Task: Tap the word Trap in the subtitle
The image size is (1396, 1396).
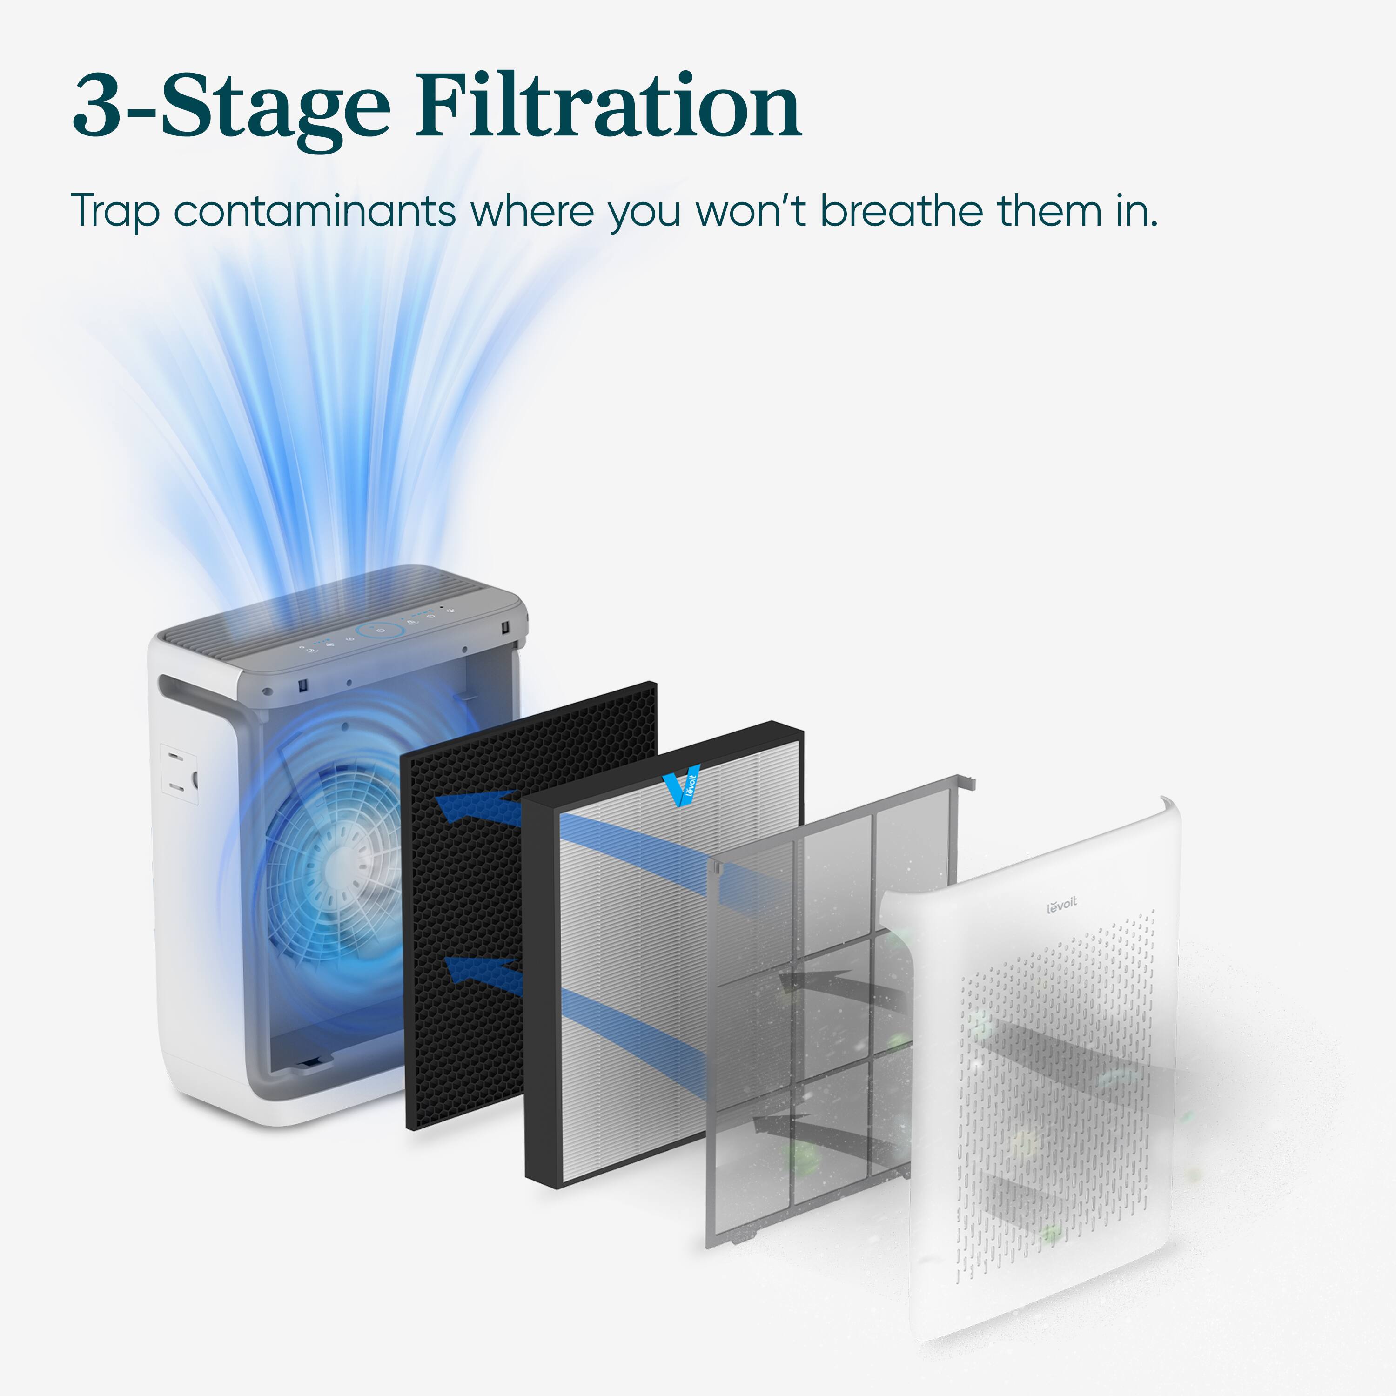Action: tap(115, 211)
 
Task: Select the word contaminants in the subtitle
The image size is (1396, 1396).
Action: tap(314, 211)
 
